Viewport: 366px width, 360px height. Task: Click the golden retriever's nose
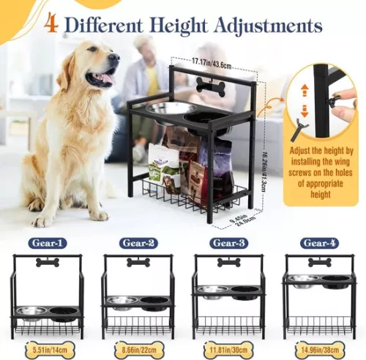(x=115, y=58)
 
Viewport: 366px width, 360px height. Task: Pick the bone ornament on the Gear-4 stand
(x=318, y=262)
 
